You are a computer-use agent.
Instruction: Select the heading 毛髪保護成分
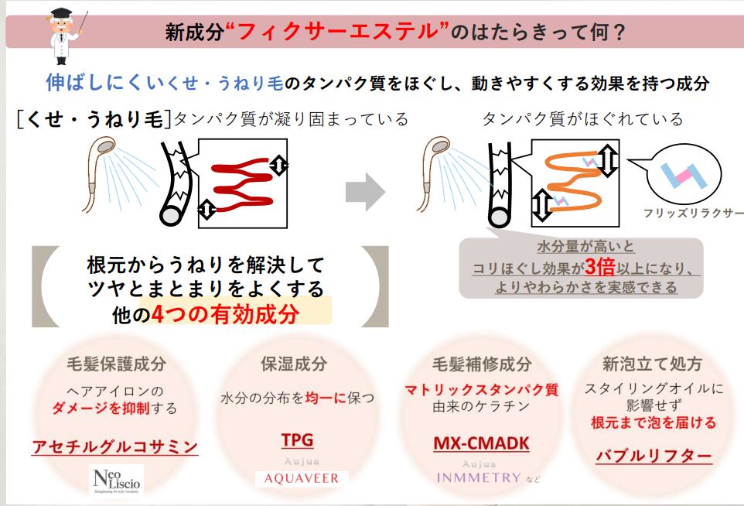pos(114,363)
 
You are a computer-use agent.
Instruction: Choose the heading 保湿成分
pos(297,363)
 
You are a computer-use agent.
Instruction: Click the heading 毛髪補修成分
pos(481,363)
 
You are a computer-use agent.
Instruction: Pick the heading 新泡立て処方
pos(653,363)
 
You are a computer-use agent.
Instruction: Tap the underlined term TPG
pos(297,440)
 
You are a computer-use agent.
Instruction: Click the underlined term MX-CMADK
pos(480,443)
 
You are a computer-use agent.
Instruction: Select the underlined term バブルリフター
pos(653,455)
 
